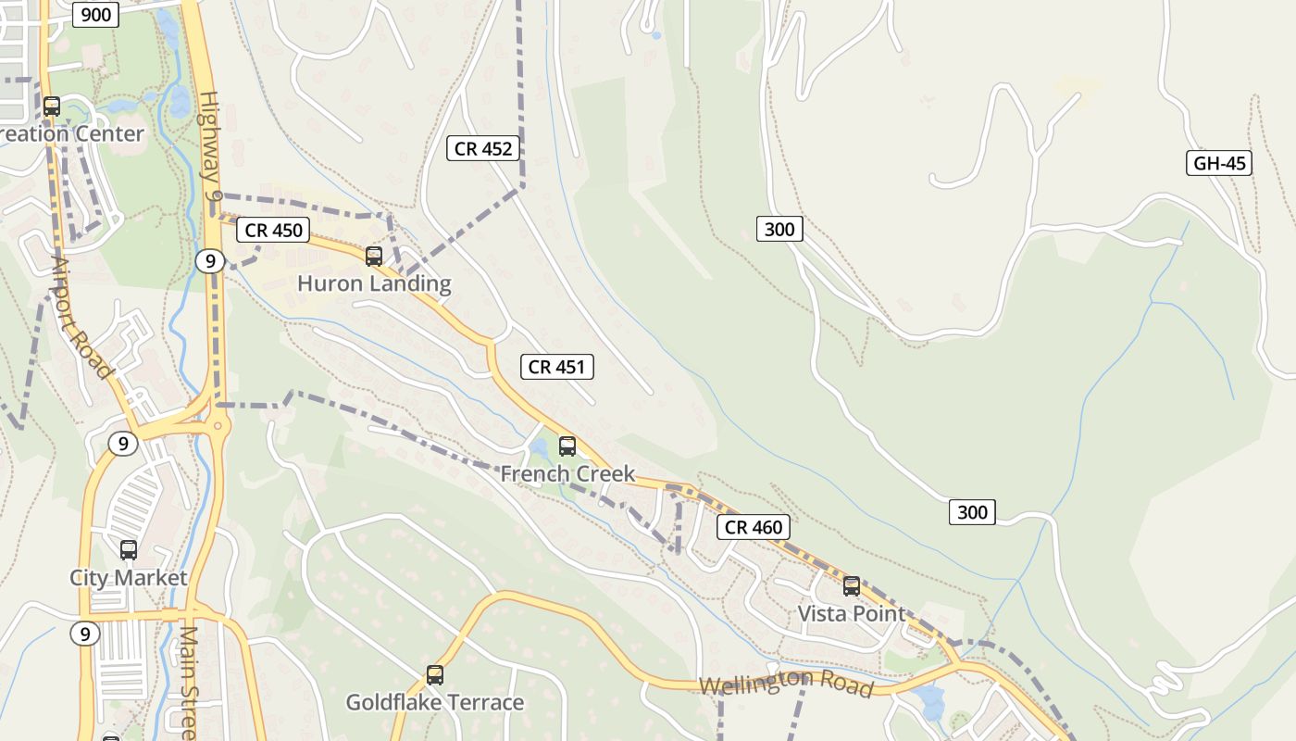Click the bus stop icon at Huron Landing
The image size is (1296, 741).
click(x=374, y=257)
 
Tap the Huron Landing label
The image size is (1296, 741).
click(x=374, y=283)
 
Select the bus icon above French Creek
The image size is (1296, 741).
click(x=567, y=446)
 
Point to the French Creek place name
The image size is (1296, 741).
click(x=567, y=474)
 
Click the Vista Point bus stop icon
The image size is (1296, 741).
click(x=852, y=586)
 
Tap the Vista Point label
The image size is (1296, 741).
click(x=852, y=613)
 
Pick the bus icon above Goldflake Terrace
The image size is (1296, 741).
click(x=435, y=675)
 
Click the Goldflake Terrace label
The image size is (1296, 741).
click(x=435, y=702)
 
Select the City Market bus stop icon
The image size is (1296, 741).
click(x=129, y=550)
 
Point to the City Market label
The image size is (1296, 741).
click(x=129, y=578)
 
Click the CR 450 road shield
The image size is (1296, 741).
click(x=273, y=230)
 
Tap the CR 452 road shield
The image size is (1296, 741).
click(x=483, y=148)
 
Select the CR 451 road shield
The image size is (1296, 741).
click(x=556, y=367)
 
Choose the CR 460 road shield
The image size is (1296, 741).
click(x=754, y=527)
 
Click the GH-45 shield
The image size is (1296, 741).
click(x=1219, y=164)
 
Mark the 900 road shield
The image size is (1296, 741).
click(x=96, y=14)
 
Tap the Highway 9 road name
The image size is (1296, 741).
click(x=211, y=145)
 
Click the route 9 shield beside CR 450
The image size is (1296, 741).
click(x=210, y=261)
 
